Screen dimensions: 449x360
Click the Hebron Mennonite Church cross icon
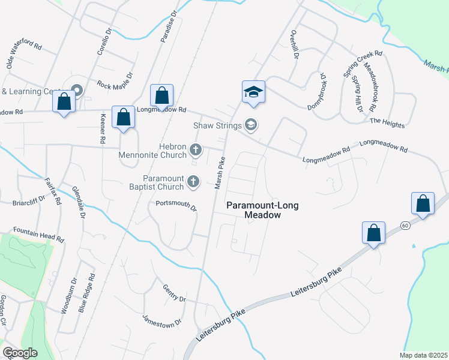coord(194,149)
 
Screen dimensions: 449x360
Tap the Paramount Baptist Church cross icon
coord(193,180)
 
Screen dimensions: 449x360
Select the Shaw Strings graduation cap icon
coord(251,125)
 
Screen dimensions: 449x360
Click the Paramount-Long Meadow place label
coord(262,210)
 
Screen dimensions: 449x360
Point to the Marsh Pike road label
coord(220,173)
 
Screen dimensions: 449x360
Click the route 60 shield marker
coord(406,225)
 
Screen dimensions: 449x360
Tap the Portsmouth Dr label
coord(176,205)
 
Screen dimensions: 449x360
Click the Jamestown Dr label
coord(161,321)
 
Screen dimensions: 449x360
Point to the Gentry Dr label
coord(174,293)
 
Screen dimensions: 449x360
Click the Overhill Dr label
coord(294,44)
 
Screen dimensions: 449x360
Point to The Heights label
coord(387,123)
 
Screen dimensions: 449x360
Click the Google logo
coord(20,353)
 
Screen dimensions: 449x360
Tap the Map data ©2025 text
coord(423,355)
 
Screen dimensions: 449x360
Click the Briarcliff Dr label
coord(29,200)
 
